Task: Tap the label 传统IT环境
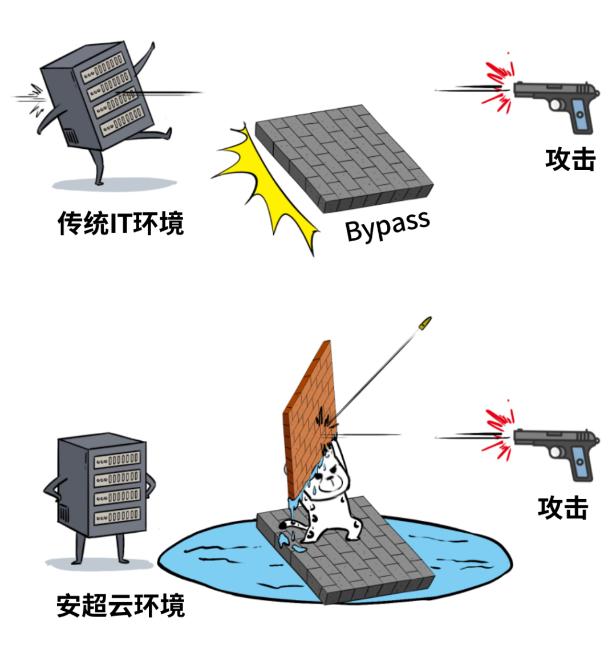click(x=121, y=223)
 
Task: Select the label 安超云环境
click(x=121, y=605)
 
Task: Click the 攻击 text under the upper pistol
click(x=570, y=160)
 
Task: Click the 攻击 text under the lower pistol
click(x=562, y=508)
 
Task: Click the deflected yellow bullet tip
click(x=424, y=323)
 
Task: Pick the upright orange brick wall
click(x=308, y=416)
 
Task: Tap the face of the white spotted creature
click(x=330, y=479)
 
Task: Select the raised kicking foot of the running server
click(x=165, y=134)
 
